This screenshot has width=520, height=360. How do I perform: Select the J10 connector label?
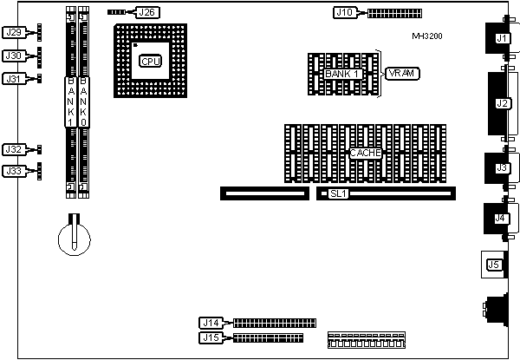pos(345,13)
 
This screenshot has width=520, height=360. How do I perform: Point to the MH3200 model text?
pos(429,37)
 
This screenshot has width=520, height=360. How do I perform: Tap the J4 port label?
pos(500,218)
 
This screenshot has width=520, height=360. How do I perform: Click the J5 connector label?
pos(494,265)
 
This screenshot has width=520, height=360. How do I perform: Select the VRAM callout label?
pos(404,74)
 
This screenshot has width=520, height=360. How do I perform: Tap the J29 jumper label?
pos(14,33)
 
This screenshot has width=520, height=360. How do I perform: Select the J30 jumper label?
pos(14,56)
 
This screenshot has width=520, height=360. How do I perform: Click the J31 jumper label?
pos(14,79)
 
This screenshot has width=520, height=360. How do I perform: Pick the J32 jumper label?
pos(14,150)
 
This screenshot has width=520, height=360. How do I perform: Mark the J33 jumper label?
pos(14,171)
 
